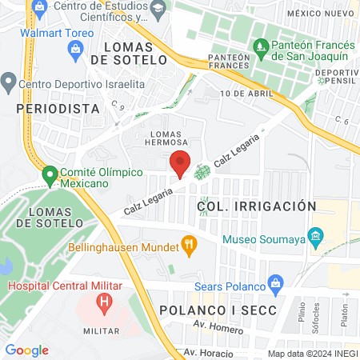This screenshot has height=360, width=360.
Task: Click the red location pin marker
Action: [x=180, y=162]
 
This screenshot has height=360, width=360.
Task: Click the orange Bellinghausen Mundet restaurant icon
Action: [x=190, y=244]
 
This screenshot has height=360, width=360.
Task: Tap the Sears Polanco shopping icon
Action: [x=277, y=283]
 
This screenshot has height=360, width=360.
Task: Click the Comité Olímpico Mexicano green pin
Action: [x=50, y=174]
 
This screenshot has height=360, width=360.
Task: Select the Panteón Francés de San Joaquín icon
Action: [x=259, y=49]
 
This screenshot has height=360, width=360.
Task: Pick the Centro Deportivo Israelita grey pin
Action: [x=9, y=81]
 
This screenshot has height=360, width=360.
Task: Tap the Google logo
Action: [x=27, y=350]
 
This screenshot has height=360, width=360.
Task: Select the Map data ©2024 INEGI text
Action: [x=312, y=353]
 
